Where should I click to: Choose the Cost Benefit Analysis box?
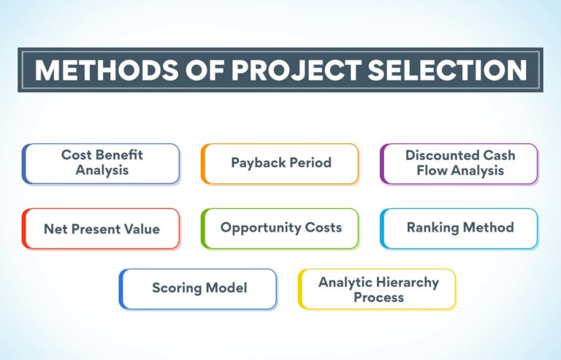(x=101, y=163)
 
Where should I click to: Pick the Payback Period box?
(x=280, y=163)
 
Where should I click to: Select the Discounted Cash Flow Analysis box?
(x=459, y=163)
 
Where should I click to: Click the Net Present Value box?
(x=101, y=229)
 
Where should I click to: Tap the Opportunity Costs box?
(x=280, y=228)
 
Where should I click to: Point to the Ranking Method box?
(x=459, y=228)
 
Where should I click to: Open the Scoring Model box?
(x=198, y=288)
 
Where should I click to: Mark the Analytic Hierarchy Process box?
(x=378, y=288)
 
